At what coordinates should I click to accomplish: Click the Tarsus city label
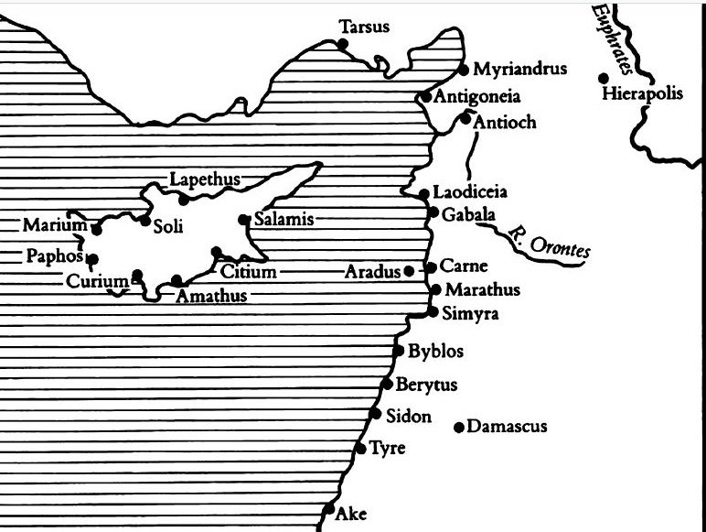364,27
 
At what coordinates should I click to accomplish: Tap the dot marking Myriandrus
464,70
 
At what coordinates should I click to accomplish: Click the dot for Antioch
465,118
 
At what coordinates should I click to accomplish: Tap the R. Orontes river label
549,240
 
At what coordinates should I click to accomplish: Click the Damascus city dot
458,427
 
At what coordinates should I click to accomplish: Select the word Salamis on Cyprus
283,220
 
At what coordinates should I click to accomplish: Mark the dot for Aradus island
408,270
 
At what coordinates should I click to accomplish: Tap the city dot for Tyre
359,449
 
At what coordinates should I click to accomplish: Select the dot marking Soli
144,220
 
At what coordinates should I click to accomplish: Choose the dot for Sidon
375,414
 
